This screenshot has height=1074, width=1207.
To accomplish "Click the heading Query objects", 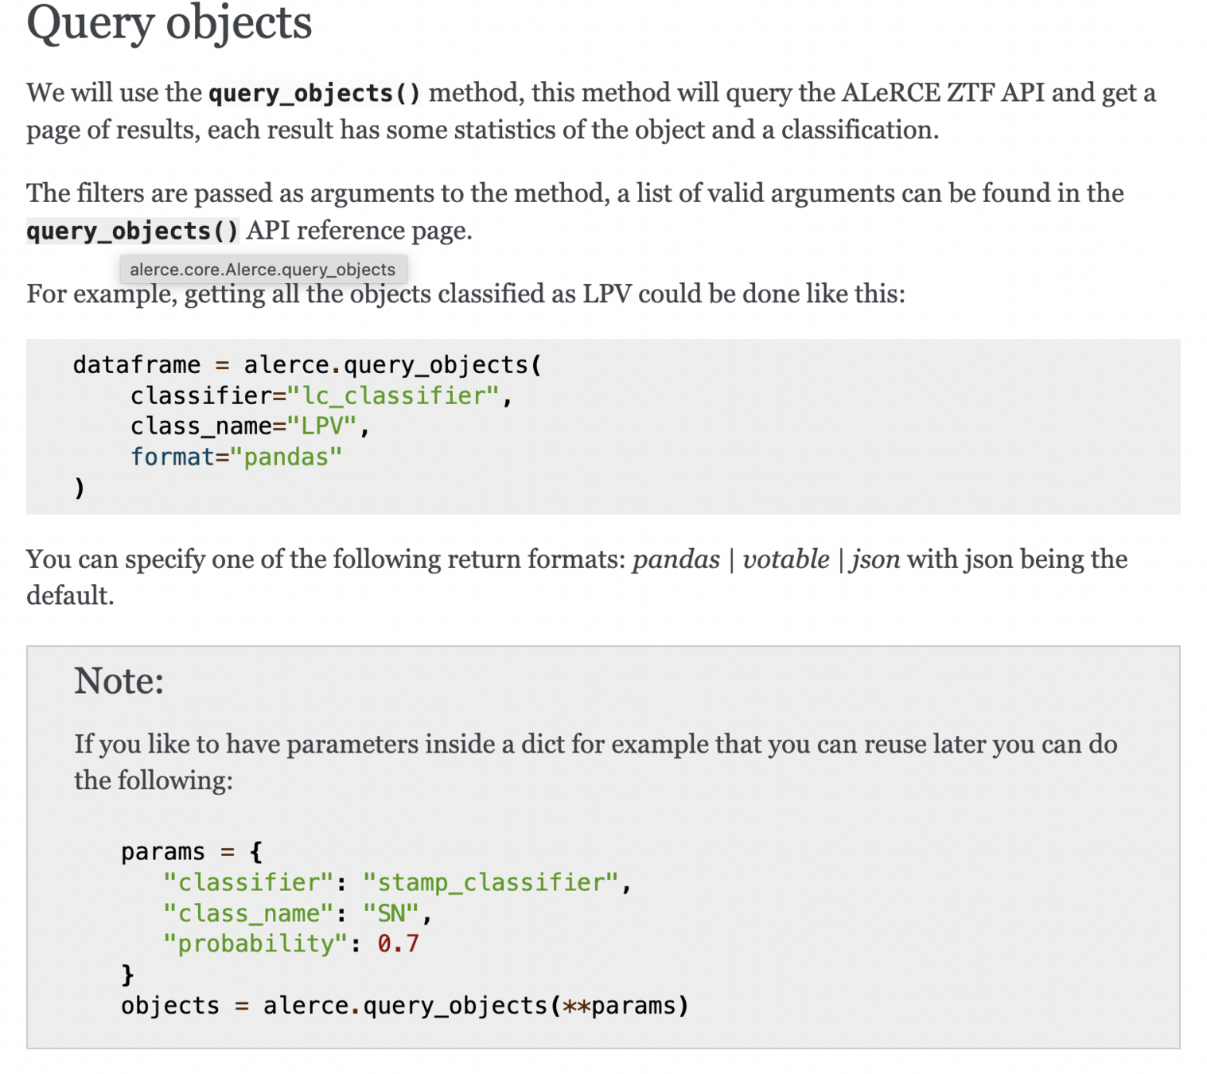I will click(x=169, y=22).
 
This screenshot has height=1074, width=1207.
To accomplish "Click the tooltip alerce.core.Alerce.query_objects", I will click(x=263, y=270).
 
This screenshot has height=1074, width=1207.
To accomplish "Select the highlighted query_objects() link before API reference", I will click(x=132, y=231).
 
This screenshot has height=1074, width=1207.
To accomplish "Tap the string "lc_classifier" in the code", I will click(x=393, y=395).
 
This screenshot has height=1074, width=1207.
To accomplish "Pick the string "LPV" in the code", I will click(x=321, y=426).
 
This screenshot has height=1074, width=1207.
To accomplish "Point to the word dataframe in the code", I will click(x=136, y=365).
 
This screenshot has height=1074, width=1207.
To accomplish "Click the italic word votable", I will click(x=785, y=559).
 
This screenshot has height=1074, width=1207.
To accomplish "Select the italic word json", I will click(x=876, y=559).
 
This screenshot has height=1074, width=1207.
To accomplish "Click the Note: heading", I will click(x=119, y=681).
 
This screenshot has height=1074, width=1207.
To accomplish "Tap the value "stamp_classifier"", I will click(x=490, y=882).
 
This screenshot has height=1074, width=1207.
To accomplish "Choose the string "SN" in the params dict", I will click(x=391, y=913).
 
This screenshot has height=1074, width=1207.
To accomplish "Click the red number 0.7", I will click(x=398, y=944).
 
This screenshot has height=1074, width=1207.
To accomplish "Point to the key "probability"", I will click(x=255, y=944).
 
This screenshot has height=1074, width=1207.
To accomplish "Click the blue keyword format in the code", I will click(x=173, y=457).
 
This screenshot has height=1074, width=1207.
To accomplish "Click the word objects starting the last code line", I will click(x=169, y=1006).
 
